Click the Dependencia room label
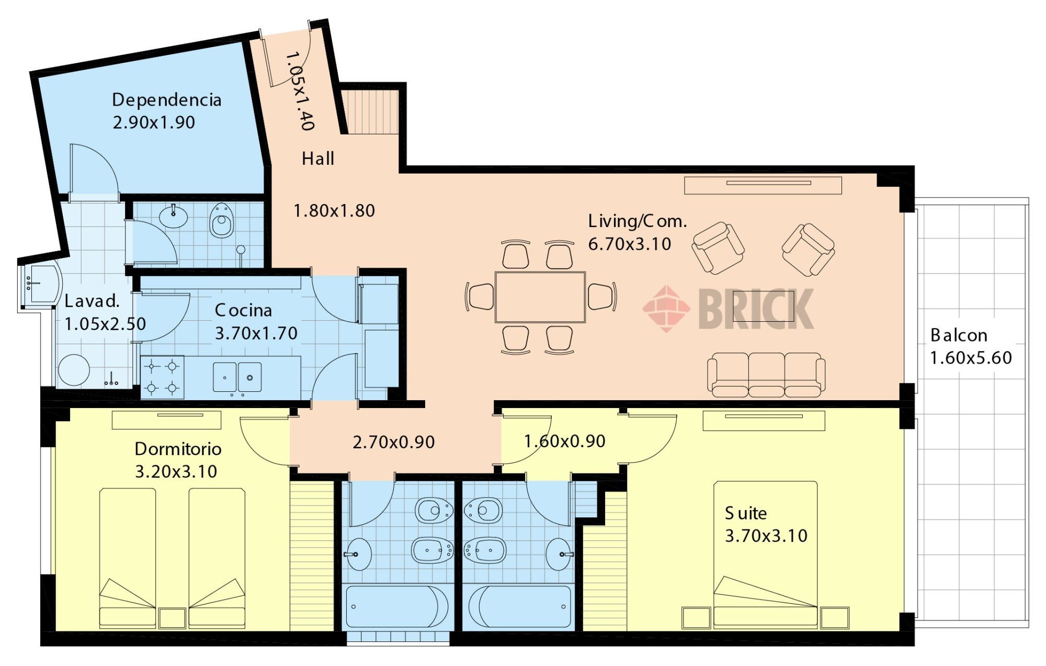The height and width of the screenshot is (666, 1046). point(167,100)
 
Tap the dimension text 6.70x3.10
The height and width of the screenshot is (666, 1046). point(630,244)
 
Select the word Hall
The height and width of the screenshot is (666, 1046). point(317,159)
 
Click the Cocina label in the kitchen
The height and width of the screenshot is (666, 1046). point(243,310)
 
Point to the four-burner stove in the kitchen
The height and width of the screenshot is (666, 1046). point(162,377)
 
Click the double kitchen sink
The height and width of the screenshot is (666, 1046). point(237,377)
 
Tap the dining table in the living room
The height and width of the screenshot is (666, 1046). point(540,297)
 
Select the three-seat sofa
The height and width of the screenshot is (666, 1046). point(766,375)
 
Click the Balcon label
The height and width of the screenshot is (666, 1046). point(959,335)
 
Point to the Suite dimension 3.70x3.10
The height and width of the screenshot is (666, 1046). point(766,536)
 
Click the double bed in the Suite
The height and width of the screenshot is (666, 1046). point(765,555)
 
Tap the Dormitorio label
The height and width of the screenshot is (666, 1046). point(178,449)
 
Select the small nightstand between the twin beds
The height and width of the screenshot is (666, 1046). point(172,618)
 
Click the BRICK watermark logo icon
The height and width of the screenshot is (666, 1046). point(666,309)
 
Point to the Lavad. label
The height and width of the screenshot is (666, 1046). point(92,301)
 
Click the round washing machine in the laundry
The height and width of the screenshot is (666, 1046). point(74,370)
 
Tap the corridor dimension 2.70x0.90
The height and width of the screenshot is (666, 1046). point(393,442)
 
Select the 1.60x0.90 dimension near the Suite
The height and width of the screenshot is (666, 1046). point(565,441)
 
